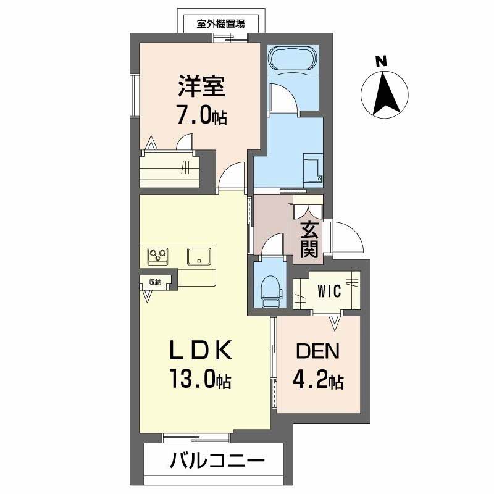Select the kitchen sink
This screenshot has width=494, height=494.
click(x=199, y=256)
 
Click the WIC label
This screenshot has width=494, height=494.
click(x=330, y=291)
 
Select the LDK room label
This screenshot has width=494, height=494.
click(x=201, y=351)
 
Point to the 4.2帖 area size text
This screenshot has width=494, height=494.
click(x=319, y=380)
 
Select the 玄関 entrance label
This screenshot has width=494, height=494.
click(x=309, y=240)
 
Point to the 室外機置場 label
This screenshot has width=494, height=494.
click(x=220, y=24)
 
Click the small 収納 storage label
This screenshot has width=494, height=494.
click(x=154, y=282)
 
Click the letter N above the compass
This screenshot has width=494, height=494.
click(x=382, y=62)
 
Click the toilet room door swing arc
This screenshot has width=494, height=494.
click(x=272, y=246)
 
